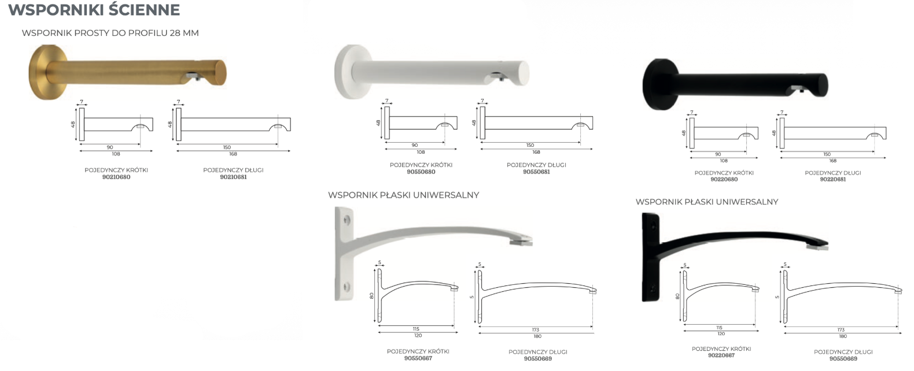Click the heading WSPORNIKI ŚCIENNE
point(94,10)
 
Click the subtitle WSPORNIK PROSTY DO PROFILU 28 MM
point(110,33)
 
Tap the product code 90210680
point(116,177)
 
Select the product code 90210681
point(233,177)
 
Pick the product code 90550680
point(421,172)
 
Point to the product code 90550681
point(537,172)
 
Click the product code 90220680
point(724,179)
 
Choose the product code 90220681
point(833,179)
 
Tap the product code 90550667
point(418,358)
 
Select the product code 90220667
point(721,355)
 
